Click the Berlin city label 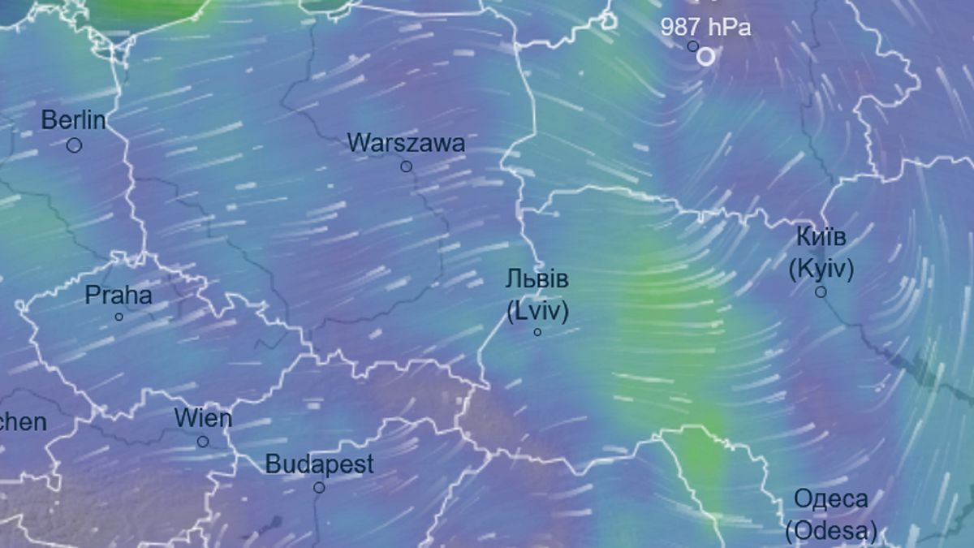(x=74, y=120)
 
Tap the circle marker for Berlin (x=74, y=145)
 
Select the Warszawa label (x=406, y=143)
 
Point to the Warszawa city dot (x=406, y=166)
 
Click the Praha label (x=119, y=295)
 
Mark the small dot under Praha (x=119, y=317)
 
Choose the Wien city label (x=203, y=419)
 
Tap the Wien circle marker (x=203, y=442)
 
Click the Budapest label (x=320, y=464)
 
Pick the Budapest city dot (x=319, y=488)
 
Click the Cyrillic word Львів (x=537, y=280)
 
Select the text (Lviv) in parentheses (x=537, y=311)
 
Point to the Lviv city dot (x=537, y=332)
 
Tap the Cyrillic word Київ (x=821, y=237)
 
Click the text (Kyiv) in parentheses (x=821, y=269)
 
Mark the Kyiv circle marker (x=821, y=291)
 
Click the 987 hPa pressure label (x=705, y=27)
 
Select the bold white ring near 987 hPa (x=706, y=56)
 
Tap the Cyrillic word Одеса (x=830, y=498)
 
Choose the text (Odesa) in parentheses (x=830, y=531)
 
